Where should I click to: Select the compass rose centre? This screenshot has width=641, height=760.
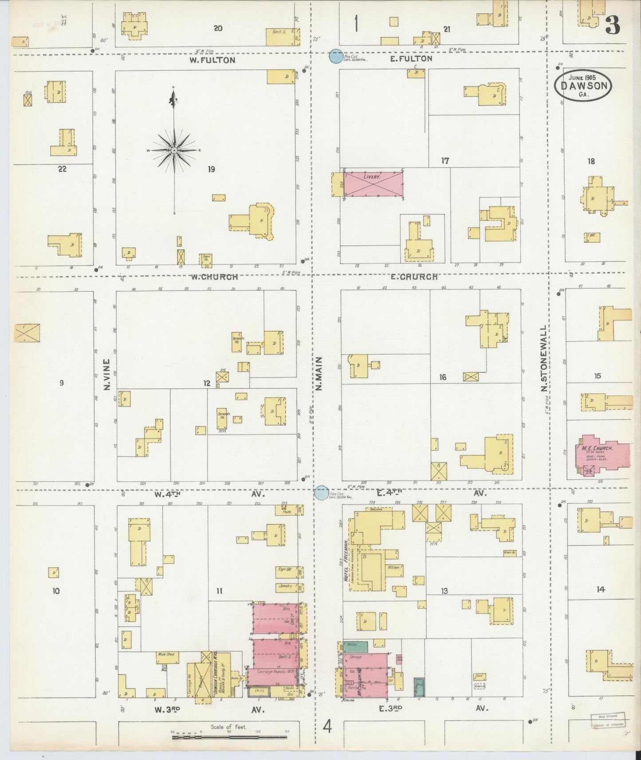tap(174, 151)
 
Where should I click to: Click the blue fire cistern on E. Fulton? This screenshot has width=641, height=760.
tap(336, 56)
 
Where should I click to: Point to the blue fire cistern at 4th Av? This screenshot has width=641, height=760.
tap(322, 493)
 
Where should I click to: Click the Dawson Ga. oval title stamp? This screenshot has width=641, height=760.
tap(583, 86)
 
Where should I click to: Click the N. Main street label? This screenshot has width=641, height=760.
tap(319, 373)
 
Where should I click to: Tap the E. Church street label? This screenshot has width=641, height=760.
tap(414, 277)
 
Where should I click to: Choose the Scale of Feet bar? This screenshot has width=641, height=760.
tap(229, 737)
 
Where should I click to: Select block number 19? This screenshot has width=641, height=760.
tap(211, 169)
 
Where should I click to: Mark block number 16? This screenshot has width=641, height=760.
tap(443, 377)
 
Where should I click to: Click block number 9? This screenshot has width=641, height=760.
tap(61, 383)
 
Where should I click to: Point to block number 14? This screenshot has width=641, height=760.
tap(600, 589)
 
